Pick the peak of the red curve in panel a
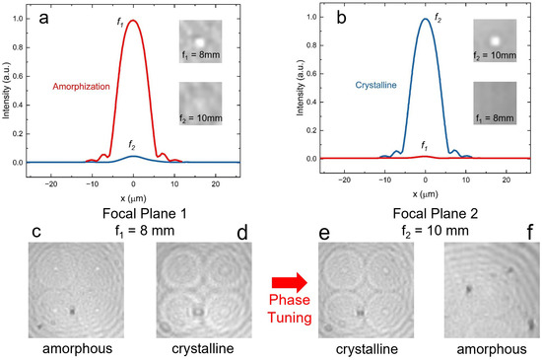(134, 20)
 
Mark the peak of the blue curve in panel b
(425, 19)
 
